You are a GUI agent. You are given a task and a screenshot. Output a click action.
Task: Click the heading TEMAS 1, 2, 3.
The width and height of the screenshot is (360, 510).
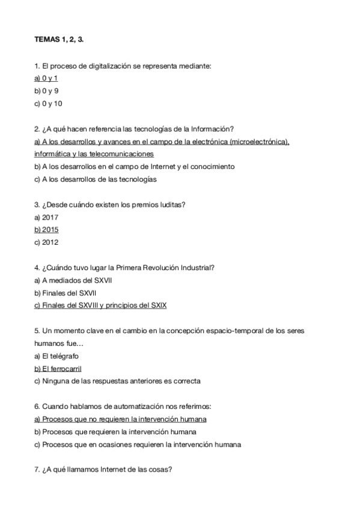tap(59, 40)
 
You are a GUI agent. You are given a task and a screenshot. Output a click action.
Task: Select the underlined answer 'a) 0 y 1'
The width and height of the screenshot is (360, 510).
tap(46, 78)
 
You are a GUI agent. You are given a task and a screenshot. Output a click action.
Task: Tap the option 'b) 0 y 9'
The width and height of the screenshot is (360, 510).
tap(46, 91)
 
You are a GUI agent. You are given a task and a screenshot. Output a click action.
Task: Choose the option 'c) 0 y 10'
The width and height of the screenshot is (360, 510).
tap(48, 103)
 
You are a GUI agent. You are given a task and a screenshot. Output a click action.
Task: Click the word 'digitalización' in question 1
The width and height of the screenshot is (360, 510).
tap(107, 66)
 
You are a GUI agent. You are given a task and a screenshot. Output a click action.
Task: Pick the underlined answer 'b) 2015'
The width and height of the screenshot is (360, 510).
tap(46, 230)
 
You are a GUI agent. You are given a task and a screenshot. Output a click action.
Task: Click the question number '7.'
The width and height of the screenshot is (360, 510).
tap(37, 470)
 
